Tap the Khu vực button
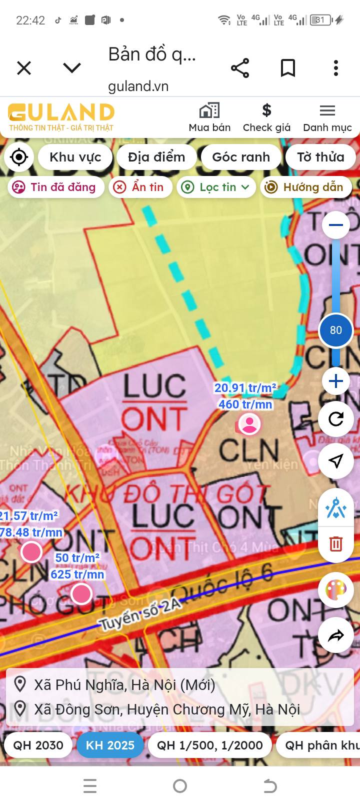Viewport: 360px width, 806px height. (75, 157)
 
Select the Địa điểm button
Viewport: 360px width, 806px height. (156, 157)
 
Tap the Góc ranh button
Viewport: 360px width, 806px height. (241, 157)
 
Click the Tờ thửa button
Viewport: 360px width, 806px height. (320, 157)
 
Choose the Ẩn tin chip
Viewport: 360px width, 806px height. (140, 187)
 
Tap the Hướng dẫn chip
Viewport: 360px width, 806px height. (306, 187)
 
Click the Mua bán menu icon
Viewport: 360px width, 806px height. (209, 117)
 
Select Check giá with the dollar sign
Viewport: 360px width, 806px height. (266, 117)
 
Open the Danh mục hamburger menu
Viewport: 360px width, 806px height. (327, 117)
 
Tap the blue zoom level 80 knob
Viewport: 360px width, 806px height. (336, 330)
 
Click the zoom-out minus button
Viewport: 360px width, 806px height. (336, 225)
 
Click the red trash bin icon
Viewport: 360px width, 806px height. (336, 543)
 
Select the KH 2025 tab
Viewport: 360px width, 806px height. (110, 745)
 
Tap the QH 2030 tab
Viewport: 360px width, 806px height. (38, 745)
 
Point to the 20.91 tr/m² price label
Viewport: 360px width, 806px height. (245, 388)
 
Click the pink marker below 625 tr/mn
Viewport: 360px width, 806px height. (81, 594)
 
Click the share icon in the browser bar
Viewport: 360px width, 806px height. (240, 68)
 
